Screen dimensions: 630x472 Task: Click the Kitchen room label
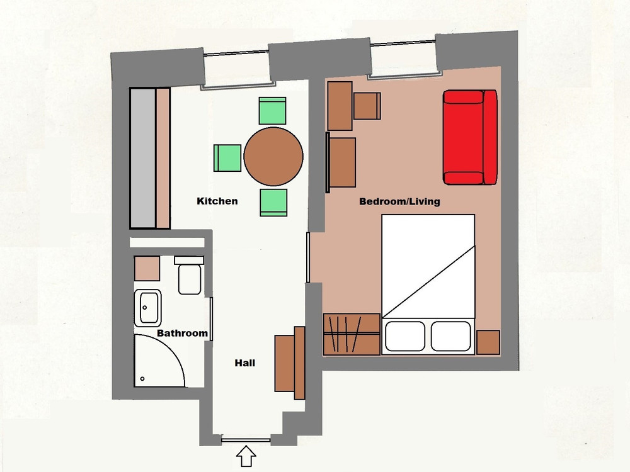[x=217, y=201]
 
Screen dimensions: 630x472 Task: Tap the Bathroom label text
[x=182, y=333]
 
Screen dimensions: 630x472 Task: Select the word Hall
[x=244, y=363]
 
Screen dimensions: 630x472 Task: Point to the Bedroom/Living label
[x=399, y=201]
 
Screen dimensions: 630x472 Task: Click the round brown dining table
[x=273, y=157]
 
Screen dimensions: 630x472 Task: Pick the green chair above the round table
[x=272, y=111]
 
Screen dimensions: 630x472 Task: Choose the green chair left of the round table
[x=227, y=158]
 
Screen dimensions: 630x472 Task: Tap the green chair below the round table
[x=273, y=203]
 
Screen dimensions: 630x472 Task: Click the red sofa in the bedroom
[x=470, y=137]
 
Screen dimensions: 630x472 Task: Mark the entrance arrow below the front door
[x=246, y=456]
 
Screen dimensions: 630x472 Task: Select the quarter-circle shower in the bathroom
[x=159, y=361]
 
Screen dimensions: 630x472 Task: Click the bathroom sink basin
[x=148, y=308]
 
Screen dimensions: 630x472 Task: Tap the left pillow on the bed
[x=405, y=336]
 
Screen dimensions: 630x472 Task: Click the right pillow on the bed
[x=451, y=336]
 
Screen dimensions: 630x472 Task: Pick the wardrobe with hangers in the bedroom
[x=352, y=334]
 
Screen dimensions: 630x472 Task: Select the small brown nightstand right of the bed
[x=488, y=342]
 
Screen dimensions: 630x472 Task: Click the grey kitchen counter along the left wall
[x=142, y=159]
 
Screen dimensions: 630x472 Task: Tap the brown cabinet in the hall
[x=290, y=363]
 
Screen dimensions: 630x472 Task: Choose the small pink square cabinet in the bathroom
[x=147, y=268]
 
